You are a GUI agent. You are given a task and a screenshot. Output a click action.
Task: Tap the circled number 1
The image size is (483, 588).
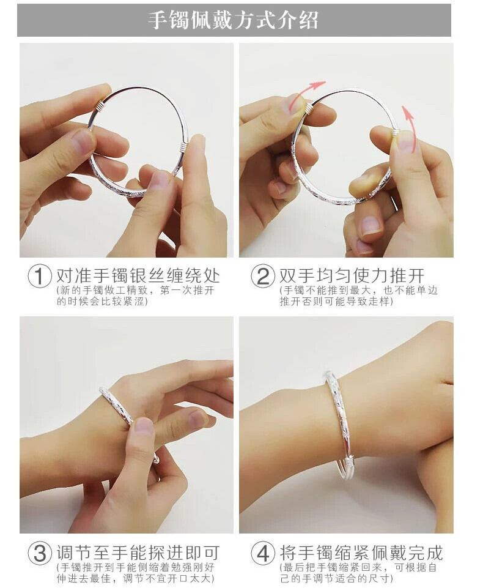[x=40, y=277]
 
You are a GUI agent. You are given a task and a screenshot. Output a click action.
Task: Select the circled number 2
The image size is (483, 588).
[x=262, y=277]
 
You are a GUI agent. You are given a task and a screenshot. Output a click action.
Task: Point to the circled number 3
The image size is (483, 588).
[x=40, y=553]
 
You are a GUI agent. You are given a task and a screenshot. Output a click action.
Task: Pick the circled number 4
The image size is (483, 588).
[x=262, y=553]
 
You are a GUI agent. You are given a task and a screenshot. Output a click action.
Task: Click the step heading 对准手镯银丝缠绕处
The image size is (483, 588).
[x=138, y=275]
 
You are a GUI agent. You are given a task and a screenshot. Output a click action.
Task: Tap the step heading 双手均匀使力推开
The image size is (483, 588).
[x=352, y=275]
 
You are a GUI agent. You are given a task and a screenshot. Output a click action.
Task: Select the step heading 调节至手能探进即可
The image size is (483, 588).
[x=138, y=553]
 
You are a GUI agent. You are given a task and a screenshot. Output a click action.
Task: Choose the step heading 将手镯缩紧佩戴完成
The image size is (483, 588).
[x=361, y=553]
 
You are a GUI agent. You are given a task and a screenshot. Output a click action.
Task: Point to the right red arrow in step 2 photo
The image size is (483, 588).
[x=410, y=127]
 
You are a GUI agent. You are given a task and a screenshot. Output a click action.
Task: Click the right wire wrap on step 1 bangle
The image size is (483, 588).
[x=182, y=147]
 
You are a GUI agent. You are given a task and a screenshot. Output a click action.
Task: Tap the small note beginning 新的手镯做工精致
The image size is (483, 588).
[x=135, y=296]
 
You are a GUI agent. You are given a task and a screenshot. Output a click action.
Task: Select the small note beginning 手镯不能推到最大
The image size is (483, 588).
[x=358, y=296]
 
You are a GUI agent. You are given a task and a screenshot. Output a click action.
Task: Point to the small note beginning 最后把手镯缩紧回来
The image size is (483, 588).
[x=358, y=572]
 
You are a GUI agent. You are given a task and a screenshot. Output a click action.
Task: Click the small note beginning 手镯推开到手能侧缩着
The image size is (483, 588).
[x=135, y=572]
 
